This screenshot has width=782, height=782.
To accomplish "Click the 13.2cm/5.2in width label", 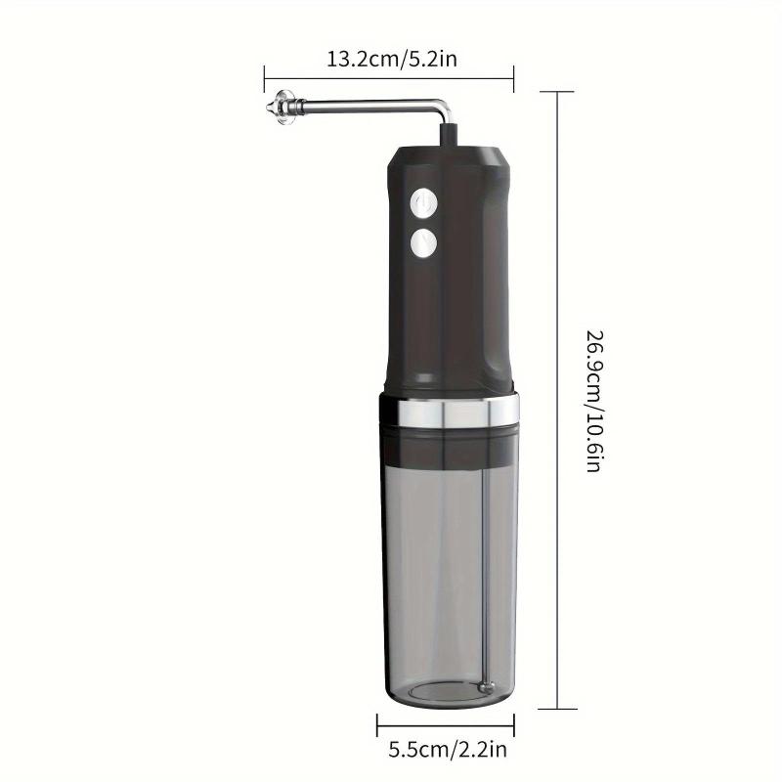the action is point(392,59).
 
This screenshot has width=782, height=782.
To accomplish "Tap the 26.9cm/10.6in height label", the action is point(594,401).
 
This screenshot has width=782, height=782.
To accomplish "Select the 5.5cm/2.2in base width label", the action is point(448,749).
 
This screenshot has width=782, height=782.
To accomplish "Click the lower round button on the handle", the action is point(423,243).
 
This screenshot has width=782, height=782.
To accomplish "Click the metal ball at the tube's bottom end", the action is point(485,686).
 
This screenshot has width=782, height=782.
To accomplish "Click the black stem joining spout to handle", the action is point(449,135).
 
